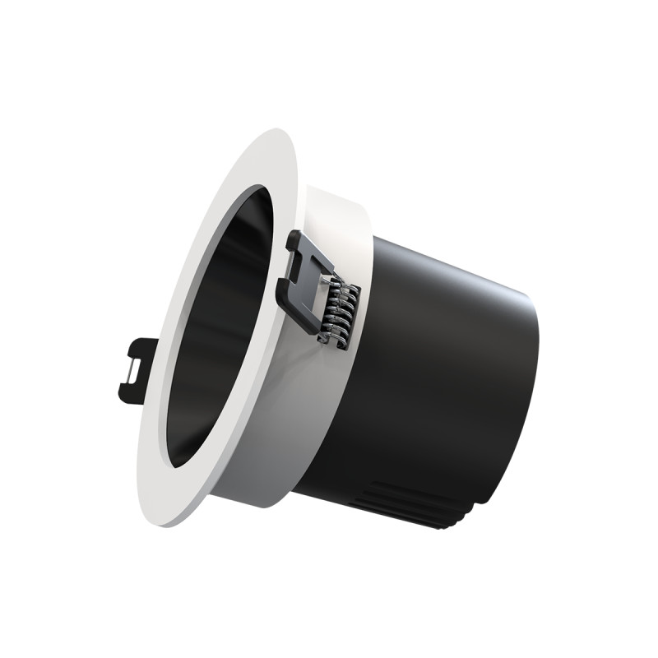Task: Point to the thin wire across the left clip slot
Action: coord(132,369)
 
